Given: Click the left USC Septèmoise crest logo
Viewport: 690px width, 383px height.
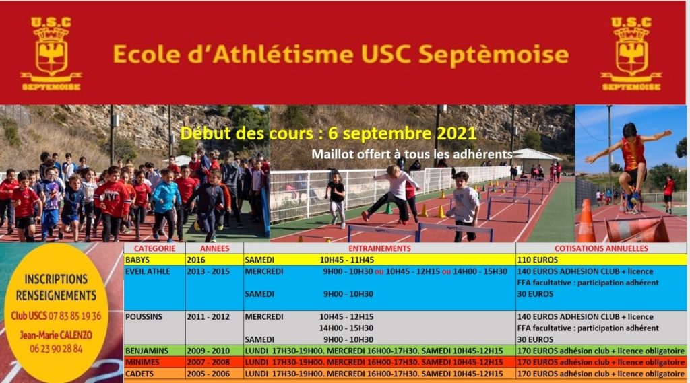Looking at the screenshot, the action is (51, 54).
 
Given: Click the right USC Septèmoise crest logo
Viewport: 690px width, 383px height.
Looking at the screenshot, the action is (631, 54).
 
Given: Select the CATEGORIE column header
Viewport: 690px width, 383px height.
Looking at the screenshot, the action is (154, 248).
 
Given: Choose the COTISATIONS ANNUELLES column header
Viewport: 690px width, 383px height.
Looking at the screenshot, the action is (601, 248).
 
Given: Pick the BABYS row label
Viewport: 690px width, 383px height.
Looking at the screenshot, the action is (137, 260).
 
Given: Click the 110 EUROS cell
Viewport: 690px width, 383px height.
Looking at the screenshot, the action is (537, 260).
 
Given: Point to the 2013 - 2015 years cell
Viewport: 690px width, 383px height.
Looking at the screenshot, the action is (208, 271).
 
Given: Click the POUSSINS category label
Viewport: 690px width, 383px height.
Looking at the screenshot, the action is (144, 316).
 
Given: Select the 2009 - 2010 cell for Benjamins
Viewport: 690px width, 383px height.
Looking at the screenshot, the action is (208, 351).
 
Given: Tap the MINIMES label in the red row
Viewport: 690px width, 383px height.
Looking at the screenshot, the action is (142, 362).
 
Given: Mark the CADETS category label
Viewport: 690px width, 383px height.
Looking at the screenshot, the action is (139, 374).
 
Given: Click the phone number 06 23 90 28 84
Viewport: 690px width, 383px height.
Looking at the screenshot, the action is (56, 349).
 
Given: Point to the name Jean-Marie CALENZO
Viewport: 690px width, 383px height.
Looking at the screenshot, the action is (56, 335).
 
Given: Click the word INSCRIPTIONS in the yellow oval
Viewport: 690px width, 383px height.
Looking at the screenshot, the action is (56, 279).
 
